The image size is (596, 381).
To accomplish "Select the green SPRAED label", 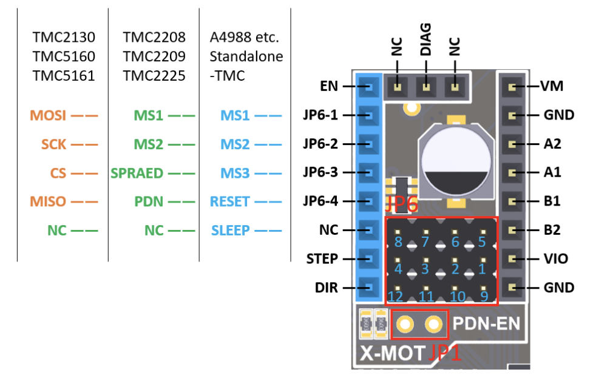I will [137, 173].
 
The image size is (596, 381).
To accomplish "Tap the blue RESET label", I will [230, 201].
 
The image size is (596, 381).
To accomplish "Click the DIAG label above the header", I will [426, 41].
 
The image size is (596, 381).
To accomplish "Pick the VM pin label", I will [552, 87].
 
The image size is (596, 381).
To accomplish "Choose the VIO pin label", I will [555, 259].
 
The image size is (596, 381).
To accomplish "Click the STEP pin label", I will [322, 259].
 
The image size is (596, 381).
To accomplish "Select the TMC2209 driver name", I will [154, 57].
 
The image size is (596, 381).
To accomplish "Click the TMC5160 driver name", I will [63, 57].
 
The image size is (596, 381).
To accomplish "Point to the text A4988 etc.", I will [244, 38].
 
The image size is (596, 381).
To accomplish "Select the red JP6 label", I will [401, 204].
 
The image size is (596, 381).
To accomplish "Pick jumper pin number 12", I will [396, 297].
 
